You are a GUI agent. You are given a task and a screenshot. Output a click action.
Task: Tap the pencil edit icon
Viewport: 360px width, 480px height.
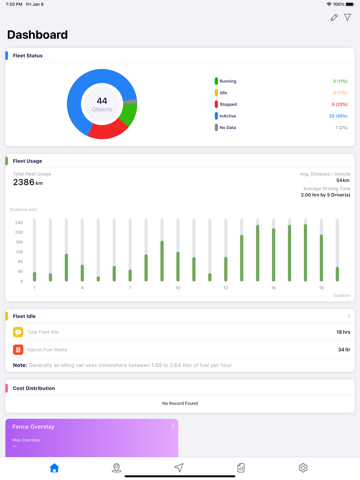(x=334, y=17)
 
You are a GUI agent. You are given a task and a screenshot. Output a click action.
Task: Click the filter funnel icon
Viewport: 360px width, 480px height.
(x=347, y=17)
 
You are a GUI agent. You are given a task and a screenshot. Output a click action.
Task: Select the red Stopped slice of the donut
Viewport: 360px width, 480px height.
(x=107, y=131)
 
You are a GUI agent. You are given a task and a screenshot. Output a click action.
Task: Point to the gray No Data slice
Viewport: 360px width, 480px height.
(x=131, y=102)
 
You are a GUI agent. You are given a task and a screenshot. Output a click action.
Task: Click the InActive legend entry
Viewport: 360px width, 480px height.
(x=228, y=116)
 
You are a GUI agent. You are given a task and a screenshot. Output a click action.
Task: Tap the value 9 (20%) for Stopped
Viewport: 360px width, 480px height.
(x=339, y=104)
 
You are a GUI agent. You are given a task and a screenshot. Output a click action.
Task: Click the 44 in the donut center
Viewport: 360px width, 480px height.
(x=102, y=101)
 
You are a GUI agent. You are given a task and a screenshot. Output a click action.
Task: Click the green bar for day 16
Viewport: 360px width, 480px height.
(x=274, y=255)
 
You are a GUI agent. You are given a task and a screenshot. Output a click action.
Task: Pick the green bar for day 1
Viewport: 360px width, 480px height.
(x=35, y=276)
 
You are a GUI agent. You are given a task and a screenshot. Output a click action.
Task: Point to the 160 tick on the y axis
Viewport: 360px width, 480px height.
(x=19, y=242)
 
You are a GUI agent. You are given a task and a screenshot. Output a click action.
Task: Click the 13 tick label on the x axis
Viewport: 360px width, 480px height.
(x=226, y=288)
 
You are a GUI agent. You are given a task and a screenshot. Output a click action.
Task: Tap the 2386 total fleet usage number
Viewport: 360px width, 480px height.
(x=24, y=182)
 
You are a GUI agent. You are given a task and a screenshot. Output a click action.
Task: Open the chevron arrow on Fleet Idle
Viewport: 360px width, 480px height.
(x=349, y=316)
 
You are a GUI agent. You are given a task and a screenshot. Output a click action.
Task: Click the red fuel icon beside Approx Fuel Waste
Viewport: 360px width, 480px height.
(x=18, y=349)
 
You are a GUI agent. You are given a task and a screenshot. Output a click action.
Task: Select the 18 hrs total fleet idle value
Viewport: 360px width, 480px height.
(x=343, y=332)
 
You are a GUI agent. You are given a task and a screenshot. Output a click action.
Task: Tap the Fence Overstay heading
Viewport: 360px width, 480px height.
(x=33, y=427)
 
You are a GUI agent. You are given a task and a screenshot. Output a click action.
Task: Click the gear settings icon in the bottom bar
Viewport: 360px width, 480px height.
(x=303, y=467)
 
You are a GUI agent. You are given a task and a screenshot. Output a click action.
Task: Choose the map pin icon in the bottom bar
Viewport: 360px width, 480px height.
(x=117, y=467)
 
